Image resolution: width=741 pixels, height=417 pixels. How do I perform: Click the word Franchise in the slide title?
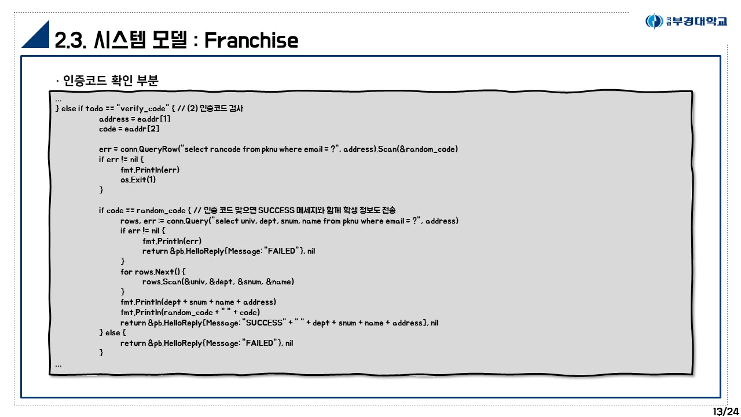pos(251,40)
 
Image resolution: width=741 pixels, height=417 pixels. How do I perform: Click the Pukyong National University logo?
pos(686,21)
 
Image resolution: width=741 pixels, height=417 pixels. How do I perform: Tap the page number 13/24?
pos(725,411)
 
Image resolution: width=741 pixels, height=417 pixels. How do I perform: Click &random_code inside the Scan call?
pos(427,149)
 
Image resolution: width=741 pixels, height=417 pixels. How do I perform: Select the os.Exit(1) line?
pos(138,180)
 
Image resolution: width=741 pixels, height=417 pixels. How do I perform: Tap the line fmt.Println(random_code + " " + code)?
pos(190,312)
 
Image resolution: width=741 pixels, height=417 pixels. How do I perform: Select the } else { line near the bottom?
pos(112,332)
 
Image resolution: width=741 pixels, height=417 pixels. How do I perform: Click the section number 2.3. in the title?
pos(70,40)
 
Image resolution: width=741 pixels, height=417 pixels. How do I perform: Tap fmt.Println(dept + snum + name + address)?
pos(198,302)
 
